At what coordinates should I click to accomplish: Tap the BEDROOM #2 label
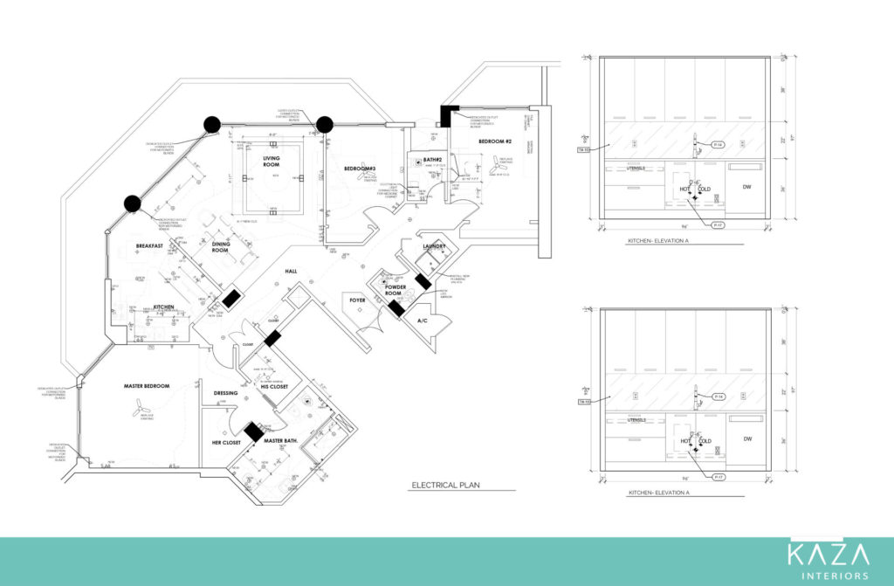coord(494,141)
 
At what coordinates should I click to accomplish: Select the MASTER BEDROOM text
coord(146,386)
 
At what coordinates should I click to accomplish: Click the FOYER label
coord(358,300)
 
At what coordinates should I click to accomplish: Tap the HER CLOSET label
coord(225,443)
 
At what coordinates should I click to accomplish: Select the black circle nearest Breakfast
coord(132,204)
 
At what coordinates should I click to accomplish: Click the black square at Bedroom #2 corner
coord(450,114)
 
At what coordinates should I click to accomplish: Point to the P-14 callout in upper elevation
coord(718,143)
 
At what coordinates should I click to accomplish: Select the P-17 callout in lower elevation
coord(719,478)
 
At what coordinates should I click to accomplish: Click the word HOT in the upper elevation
coord(685,189)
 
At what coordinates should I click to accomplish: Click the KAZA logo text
coord(828,555)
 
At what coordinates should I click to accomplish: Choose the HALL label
coord(291,271)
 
